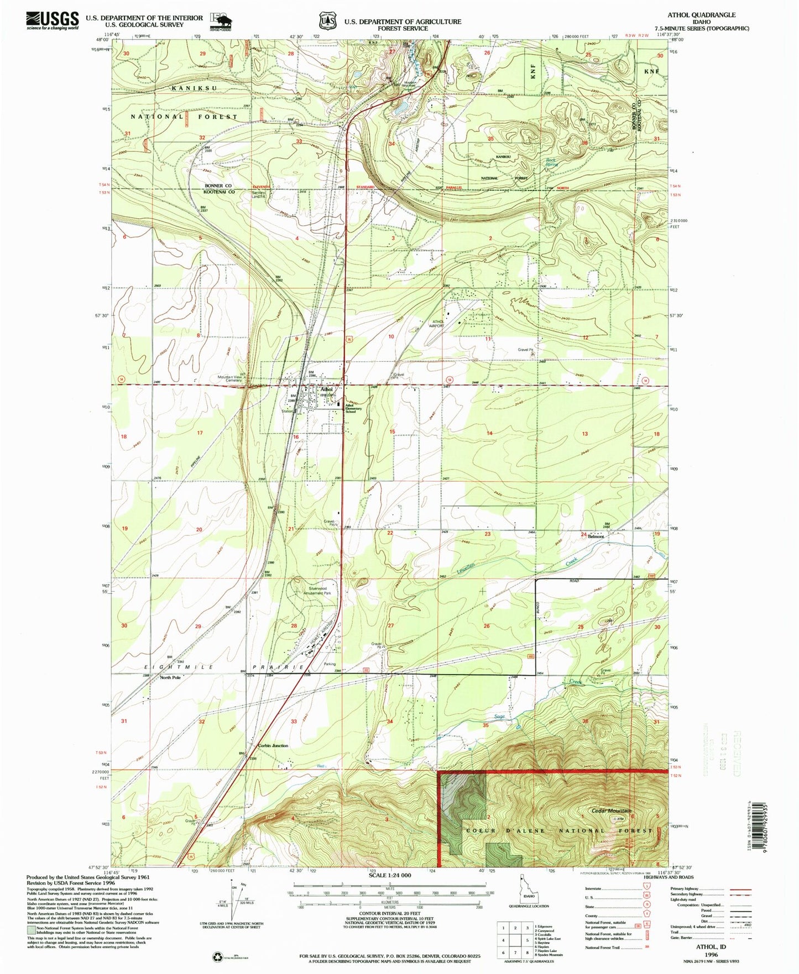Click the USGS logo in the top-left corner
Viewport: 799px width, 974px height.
[x=53, y=20]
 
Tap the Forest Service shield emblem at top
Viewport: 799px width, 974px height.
[x=327, y=21]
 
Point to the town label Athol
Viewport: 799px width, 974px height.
[x=326, y=389]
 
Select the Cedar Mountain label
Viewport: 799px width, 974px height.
[x=611, y=810]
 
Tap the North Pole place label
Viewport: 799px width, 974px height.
[x=170, y=677]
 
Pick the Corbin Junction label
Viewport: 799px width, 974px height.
[x=273, y=746]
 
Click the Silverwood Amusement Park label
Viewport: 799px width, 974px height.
[x=316, y=591]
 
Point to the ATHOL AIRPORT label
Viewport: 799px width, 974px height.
[x=438, y=324]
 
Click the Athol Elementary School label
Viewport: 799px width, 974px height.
[x=353, y=409]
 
